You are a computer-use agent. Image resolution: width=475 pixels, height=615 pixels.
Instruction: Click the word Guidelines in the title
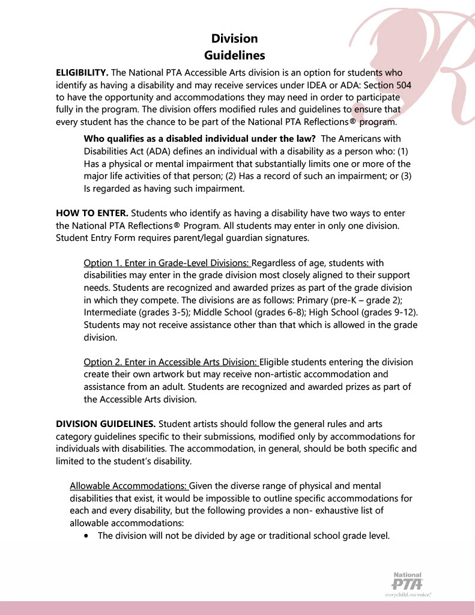click(234, 56)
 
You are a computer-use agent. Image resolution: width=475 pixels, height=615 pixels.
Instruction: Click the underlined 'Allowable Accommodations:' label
click(129, 485)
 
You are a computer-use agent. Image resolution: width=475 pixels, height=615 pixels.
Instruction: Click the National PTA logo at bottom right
click(408, 583)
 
